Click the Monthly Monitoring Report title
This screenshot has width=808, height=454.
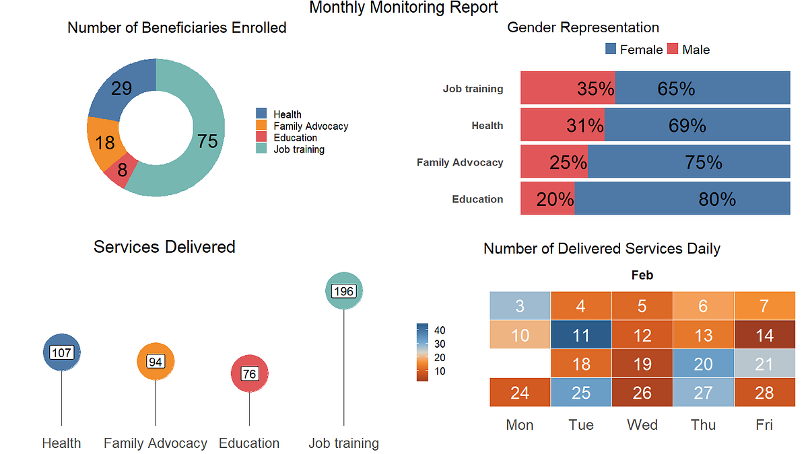pos(403,8)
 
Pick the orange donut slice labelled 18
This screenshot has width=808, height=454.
pos(104,143)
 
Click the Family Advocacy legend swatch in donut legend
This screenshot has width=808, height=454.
pos(261,126)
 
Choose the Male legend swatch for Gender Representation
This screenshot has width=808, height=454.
pos(673,49)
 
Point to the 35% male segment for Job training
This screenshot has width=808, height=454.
pos(568,89)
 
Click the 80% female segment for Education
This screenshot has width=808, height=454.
pos(682,199)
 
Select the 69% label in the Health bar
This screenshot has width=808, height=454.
pos(687,126)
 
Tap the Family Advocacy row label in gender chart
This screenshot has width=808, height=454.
pos(460,162)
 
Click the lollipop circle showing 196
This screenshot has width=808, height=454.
pos(344,291)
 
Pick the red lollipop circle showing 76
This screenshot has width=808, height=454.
pos(250,373)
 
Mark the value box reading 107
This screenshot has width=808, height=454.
pos(61,353)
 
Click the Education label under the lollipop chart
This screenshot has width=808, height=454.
pos(249,443)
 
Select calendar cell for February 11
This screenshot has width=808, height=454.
pos(581,334)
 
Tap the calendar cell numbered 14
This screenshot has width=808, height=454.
pos(764,334)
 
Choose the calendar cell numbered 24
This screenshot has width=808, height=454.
pos(520,392)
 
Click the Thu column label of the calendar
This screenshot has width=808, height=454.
pos(703,424)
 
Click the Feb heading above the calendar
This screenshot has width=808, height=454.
pos(642,275)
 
